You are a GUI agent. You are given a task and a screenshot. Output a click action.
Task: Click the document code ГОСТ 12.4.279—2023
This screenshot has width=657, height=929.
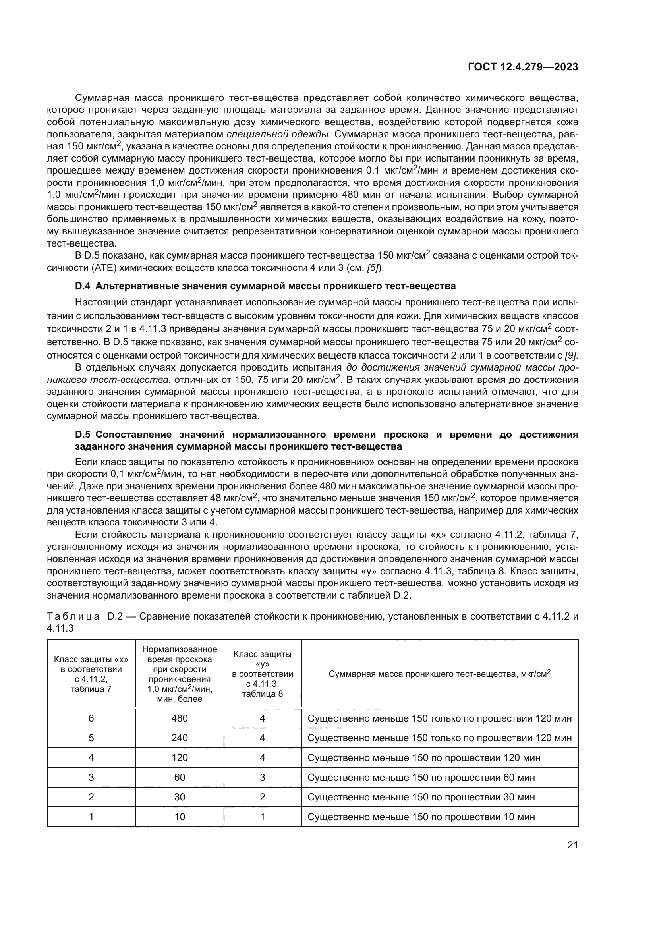[523, 67]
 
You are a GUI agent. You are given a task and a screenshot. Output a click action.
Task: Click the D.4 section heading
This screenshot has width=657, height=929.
[265, 286]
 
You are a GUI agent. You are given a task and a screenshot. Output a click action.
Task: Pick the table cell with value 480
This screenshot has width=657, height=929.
[180, 718]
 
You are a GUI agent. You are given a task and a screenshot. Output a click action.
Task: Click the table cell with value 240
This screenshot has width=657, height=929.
[180, 738]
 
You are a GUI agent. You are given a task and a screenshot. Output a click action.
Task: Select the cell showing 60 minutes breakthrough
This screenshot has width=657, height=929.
[180, 777]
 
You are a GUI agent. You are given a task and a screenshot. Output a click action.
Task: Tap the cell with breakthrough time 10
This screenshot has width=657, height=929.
[180, 817]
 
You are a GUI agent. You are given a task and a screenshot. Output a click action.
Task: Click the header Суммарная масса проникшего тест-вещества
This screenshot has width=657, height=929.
[439, 674]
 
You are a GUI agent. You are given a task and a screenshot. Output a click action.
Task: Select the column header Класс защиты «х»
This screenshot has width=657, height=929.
[91, 674]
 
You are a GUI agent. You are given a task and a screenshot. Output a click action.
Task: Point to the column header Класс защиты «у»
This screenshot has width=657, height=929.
[262, 674]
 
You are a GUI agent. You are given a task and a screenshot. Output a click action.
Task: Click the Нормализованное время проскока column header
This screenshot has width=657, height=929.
[180, 674]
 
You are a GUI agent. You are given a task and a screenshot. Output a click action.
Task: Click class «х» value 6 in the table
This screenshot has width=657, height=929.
[91, 718]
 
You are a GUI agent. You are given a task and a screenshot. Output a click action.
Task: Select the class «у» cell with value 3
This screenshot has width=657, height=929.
[262, 777]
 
